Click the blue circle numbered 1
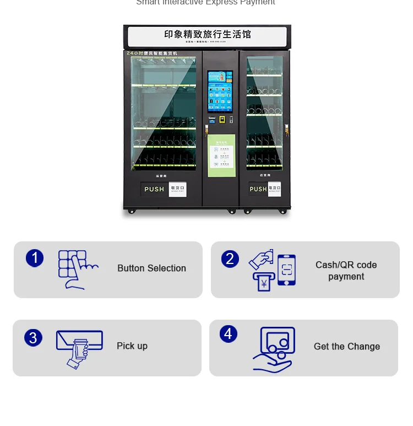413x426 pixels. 35,258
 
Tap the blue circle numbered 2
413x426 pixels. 230,259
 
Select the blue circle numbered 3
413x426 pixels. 33,337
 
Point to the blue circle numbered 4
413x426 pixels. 229,334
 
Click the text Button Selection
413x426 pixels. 151,268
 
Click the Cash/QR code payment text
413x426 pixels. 346,271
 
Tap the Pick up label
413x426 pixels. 132,346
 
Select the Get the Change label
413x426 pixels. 347,347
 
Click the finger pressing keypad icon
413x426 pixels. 77,269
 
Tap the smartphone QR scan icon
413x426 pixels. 286,270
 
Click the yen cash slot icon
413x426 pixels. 264,282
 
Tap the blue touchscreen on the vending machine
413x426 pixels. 220,91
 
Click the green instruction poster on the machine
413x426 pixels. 221,155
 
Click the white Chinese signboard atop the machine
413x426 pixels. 207,36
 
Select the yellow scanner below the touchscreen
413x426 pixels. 221,119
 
